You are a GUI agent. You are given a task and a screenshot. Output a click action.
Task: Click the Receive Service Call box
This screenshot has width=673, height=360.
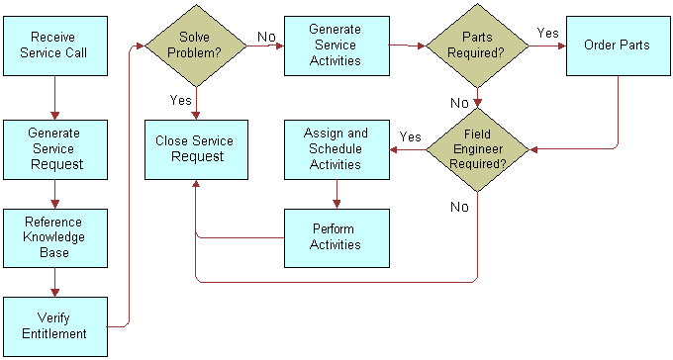[53, 45]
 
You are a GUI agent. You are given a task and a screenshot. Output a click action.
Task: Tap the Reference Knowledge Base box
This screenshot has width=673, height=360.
[53, 237]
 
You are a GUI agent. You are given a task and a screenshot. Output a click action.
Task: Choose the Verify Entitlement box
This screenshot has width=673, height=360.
[53, 325]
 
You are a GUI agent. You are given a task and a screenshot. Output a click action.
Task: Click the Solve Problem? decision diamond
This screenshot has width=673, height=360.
[196, 45]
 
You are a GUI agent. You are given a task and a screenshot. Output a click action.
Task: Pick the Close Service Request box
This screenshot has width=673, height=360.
[195, 148]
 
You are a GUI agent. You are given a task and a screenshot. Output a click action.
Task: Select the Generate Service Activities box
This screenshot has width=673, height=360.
[336, 45]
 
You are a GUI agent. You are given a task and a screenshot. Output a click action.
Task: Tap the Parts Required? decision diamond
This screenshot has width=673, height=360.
[478, 45]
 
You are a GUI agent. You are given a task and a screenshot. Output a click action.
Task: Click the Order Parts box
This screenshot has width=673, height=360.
[618, 45]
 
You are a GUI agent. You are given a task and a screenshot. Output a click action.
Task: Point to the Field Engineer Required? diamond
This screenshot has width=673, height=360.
[478, 148]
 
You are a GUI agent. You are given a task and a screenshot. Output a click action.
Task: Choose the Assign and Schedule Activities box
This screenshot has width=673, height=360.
[336, 148]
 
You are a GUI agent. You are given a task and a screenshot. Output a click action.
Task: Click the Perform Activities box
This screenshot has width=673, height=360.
[336, 237]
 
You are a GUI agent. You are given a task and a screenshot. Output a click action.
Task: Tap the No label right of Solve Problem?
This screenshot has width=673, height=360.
[266, 36]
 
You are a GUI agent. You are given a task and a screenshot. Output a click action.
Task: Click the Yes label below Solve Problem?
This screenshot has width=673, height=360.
[181, 100]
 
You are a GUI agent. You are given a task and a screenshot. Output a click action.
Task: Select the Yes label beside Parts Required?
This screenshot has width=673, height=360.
[547, 33]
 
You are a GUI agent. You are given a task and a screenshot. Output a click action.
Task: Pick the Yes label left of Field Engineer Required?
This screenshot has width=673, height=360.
[410, 136]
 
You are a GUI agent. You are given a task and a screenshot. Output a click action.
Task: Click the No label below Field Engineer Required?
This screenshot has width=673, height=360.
[460, 207]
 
